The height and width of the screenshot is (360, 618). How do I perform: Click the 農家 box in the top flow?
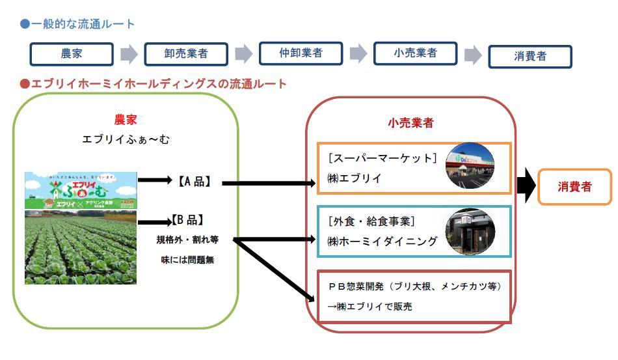72,54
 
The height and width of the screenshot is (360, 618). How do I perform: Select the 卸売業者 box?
186,54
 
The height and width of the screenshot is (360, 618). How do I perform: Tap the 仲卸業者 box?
301,53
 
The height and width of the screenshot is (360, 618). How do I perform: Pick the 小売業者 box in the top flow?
415,53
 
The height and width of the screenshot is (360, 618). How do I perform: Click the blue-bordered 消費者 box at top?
530,56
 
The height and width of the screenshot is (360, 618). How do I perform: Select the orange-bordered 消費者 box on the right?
575,187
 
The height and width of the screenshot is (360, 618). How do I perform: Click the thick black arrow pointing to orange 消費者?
525,187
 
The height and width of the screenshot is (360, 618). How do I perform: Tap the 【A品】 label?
195,182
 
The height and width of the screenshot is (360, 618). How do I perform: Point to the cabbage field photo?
81,247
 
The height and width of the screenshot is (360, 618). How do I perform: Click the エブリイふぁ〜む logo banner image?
81,190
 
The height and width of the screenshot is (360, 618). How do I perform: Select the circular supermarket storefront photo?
470,165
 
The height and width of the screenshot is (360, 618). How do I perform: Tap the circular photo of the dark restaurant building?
470,231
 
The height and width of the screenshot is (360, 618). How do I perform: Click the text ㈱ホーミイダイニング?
383,242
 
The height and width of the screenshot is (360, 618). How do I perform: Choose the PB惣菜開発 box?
414,296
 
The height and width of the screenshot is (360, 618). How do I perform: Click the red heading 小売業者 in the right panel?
411,122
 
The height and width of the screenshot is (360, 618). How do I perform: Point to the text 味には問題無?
187,260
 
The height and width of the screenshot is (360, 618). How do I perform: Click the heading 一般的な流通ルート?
82,24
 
